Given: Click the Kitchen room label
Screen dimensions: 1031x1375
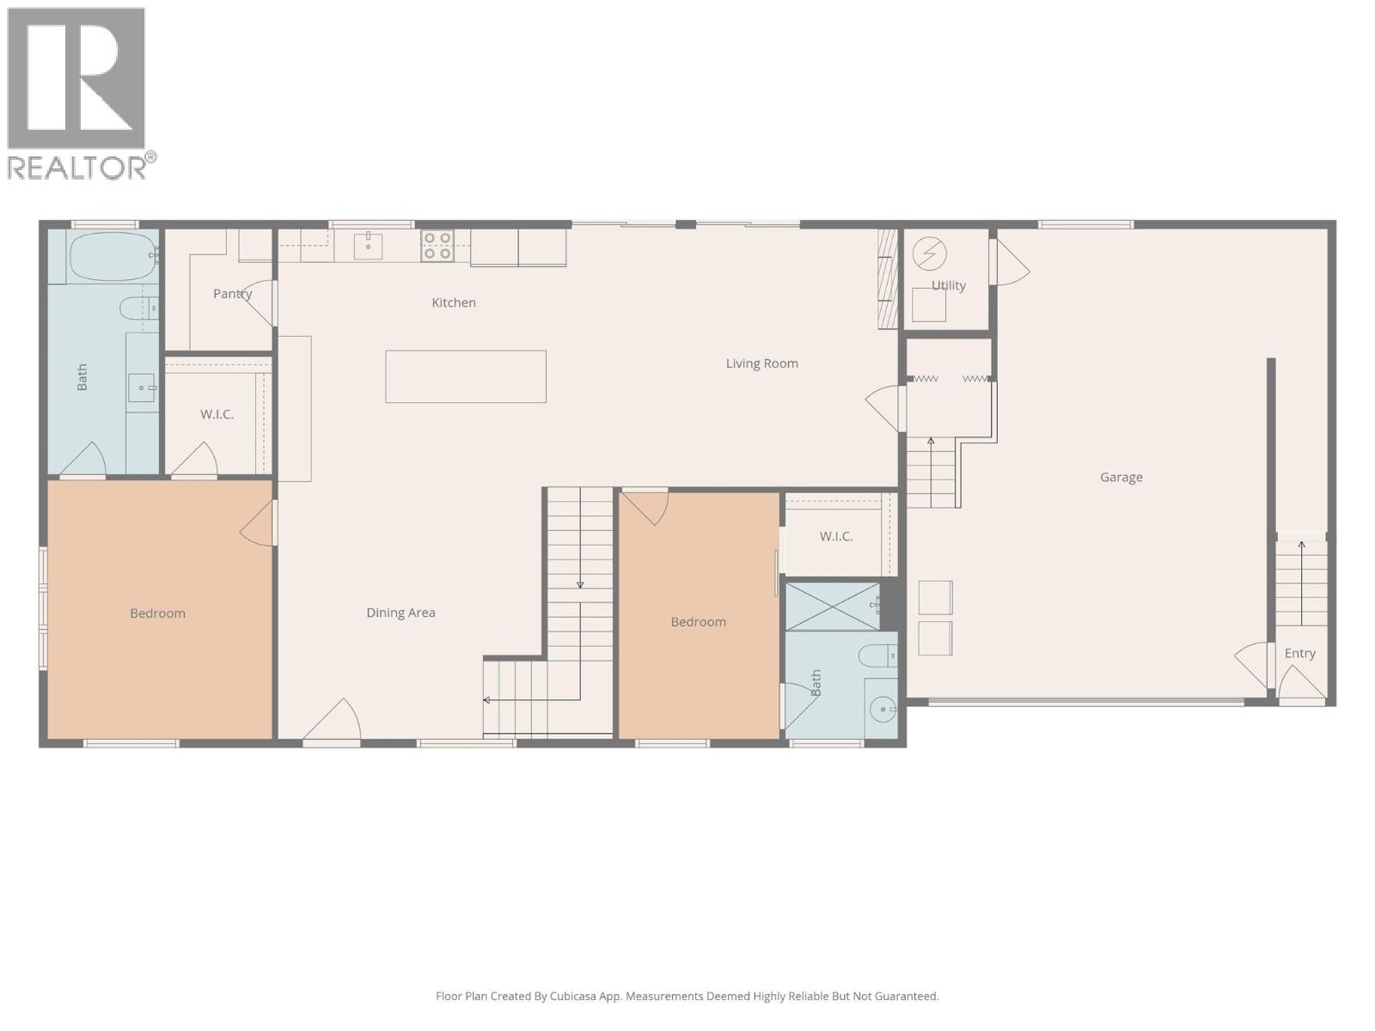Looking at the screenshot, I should [453, 302].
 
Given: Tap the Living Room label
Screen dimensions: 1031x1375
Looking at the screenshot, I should [761, 363].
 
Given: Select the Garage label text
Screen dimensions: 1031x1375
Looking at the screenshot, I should [1121, 477].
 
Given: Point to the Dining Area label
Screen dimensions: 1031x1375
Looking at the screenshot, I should [400, 613].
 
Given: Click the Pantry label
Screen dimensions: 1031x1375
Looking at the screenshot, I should [232, 294].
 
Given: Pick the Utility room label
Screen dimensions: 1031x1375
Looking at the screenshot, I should [949, 285].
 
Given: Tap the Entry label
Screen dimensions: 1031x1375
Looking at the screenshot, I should [1299, 653].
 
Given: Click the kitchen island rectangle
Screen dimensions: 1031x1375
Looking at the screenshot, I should [466, 376].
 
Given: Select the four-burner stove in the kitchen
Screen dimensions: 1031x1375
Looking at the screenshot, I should [437, 246].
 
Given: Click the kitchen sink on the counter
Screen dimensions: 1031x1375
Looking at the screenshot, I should [369, 245].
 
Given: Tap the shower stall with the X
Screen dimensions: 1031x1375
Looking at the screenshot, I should [832, 606].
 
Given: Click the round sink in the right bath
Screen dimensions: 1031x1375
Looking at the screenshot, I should [882, 710].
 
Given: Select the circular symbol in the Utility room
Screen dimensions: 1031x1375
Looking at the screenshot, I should [929, 253].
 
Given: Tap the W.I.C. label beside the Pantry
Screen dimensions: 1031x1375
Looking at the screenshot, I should [217, 414].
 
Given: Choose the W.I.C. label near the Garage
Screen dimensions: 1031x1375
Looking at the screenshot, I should [835, 536].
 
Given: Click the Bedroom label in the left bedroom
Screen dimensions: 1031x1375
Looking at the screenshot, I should [157, 613].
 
